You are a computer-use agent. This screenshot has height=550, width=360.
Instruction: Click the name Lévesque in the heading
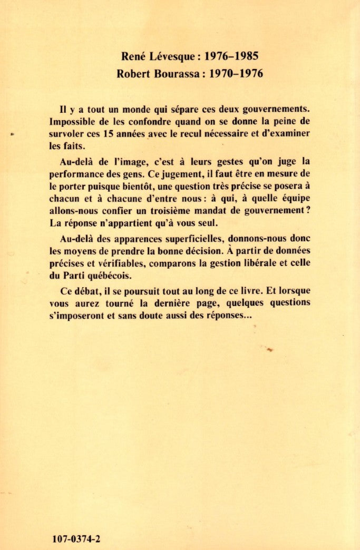[x=169, y=55]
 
